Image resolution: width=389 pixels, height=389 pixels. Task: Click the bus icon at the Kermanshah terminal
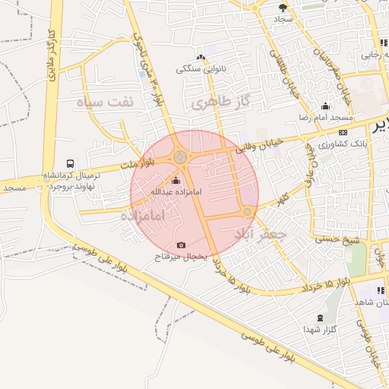point(71,163)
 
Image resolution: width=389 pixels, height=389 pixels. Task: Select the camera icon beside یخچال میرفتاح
point(181,245)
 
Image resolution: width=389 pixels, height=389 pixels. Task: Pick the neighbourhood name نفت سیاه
point(108,101)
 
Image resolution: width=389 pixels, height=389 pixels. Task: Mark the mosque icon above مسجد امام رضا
point(326,106)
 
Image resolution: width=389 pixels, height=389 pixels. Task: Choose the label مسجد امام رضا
point(326,118)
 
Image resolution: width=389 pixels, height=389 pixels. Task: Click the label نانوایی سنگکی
point(201,69)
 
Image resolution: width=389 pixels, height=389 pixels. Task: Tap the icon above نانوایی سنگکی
point(201,57)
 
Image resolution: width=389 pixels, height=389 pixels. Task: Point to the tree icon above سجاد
point(283,7)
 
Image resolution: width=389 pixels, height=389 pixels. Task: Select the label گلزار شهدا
point(319,329)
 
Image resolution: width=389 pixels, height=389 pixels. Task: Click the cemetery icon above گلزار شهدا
point(320,317)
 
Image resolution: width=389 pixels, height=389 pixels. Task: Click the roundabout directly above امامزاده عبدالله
point(180,157)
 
